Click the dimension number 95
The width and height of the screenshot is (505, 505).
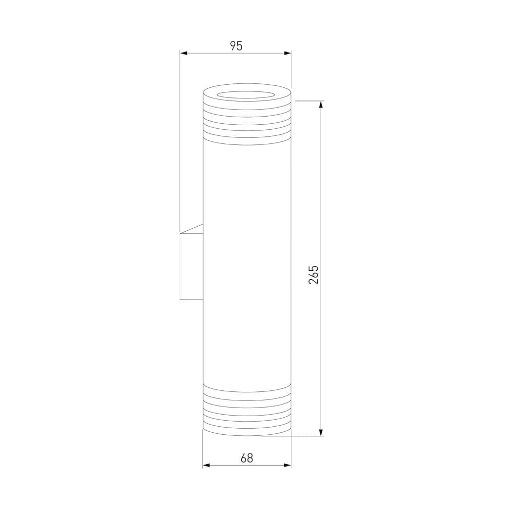(236, 46)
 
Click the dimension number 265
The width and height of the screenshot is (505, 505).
(314, 274)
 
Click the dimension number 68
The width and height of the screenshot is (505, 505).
(247, 458)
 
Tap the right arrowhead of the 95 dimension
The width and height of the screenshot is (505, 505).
(288, 53)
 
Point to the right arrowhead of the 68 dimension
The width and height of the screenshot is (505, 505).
(288, 465)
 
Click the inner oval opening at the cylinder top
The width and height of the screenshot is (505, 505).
(247, 94)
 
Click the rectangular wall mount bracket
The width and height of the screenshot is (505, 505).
(191, 266)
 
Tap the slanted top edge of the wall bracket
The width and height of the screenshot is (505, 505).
(191, 229)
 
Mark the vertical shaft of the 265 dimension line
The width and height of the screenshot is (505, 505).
(321, 202)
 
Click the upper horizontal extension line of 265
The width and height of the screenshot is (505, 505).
(308, 101)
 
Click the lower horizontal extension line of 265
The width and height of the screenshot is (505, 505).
(293, 436)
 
